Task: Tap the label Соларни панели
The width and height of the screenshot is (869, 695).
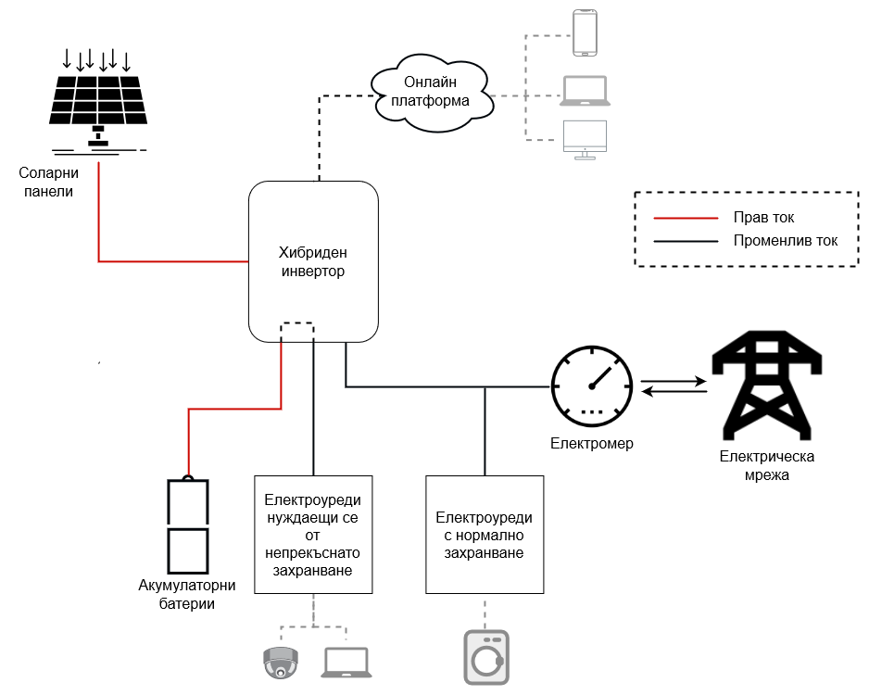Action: point(49,182)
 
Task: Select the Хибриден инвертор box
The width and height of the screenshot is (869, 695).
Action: point(313,262)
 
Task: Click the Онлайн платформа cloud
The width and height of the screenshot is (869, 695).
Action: point(430,91)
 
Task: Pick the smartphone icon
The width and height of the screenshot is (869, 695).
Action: point(585,32)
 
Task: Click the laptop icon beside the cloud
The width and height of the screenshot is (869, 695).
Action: point(585,90)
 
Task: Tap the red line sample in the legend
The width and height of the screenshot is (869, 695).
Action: point(686,218)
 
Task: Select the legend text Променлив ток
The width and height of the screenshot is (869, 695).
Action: point(785,241)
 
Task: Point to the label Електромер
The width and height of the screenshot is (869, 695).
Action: point(592,444)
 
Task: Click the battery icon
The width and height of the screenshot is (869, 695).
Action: point(187,527)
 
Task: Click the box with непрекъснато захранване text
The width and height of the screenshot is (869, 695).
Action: point(314,535)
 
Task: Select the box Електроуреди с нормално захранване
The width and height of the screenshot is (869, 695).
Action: point(484,535)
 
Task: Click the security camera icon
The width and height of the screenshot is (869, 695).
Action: point(281,662)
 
